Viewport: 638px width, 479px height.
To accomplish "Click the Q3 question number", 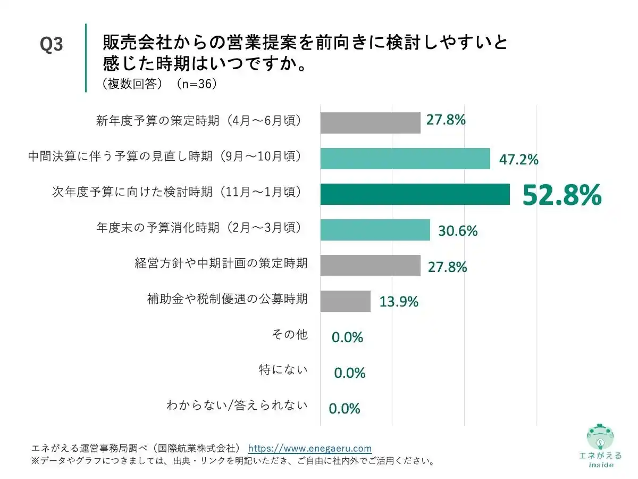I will click(52, 45).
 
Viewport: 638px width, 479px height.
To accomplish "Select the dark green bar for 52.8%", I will click(415, 194).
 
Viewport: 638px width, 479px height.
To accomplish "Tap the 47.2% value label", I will click(518, 159).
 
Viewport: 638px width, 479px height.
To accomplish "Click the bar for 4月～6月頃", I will click(370, 122).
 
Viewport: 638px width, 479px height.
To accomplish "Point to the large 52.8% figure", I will click(562, 195).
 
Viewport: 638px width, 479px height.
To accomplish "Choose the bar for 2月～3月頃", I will click(375, 230).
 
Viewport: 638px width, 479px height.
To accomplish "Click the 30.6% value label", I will click(458, 231).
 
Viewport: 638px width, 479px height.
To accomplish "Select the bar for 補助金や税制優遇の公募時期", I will click(345, 301).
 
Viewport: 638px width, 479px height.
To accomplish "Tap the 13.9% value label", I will click(399, 302).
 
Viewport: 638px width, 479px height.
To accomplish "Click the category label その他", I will click(290, 335).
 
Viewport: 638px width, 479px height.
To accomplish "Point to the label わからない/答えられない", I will click(237, 406).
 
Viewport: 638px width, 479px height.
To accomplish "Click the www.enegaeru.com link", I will click(310, 448).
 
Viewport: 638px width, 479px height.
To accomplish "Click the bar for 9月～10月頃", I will click(405, 159).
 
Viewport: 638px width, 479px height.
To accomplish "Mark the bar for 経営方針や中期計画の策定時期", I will click(370, 266).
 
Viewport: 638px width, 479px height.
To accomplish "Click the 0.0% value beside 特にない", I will click(349, 373).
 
